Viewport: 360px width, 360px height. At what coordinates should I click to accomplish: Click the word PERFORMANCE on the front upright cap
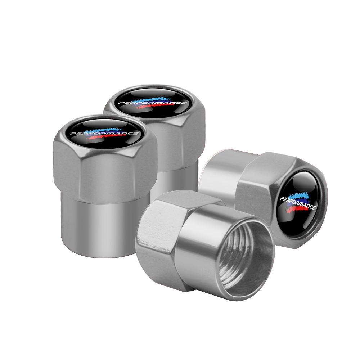pyautogui.click(x=104, y=134)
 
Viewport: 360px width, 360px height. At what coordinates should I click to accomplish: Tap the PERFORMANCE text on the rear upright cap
pyautogui.click(x=153, y=103)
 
